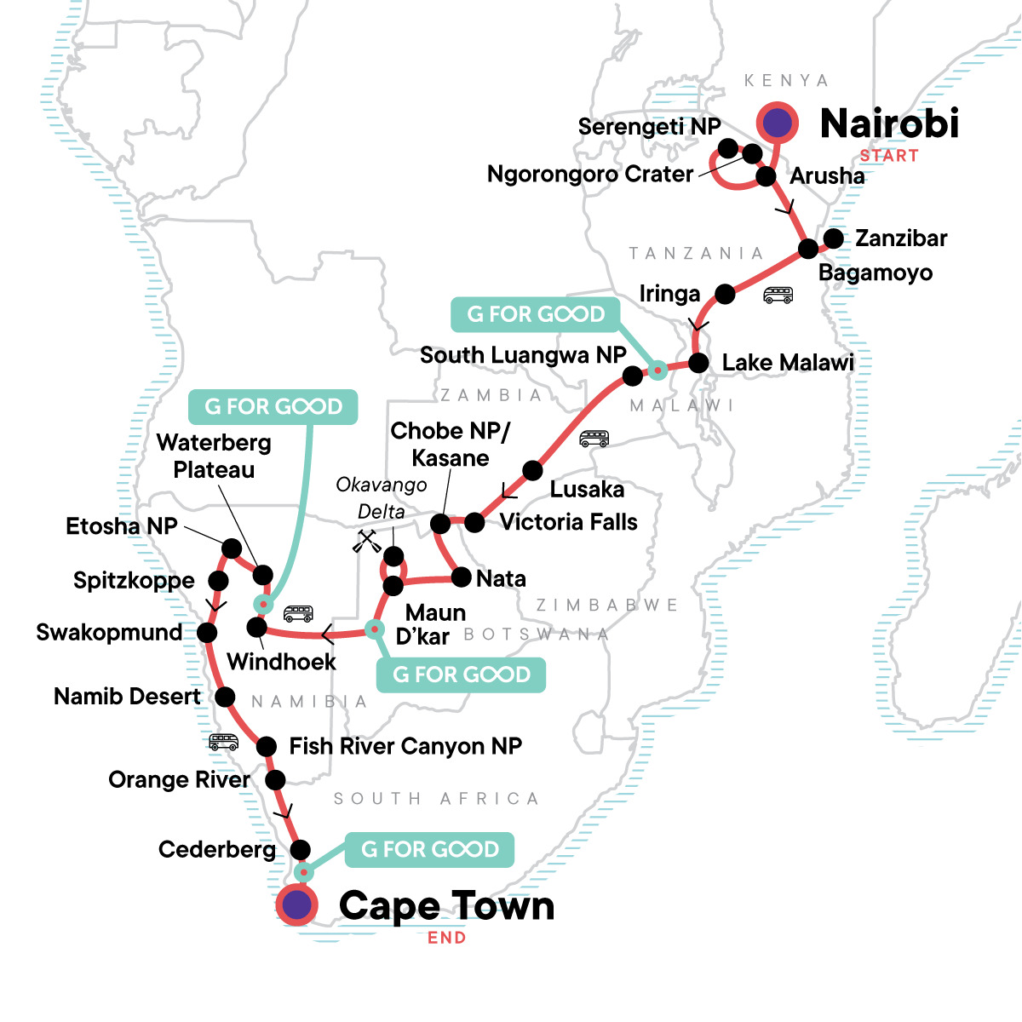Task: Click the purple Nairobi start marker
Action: [777, 123]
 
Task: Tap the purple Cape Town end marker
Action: [296, 904]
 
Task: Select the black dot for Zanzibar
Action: [834, 238]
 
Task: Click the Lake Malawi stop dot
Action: [698, 363]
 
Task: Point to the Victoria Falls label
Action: [568, 522]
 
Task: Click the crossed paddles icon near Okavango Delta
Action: [367, 542]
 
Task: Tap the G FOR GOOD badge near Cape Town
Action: [430, 849]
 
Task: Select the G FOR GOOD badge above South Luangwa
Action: [536, 314]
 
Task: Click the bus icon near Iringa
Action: [778, 295]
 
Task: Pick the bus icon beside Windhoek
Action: [298, 613]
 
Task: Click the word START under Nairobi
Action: [889, 156]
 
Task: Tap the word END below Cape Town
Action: [447, 938]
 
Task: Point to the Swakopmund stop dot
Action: [207, 633]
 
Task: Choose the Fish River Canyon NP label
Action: [405, 746]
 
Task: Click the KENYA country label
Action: [785, 81]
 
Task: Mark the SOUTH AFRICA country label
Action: [436, 799]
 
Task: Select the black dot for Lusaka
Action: [532, 470]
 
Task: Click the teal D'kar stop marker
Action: [375, 629]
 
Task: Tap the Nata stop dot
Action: [461, 578]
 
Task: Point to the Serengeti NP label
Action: [649, 127]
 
